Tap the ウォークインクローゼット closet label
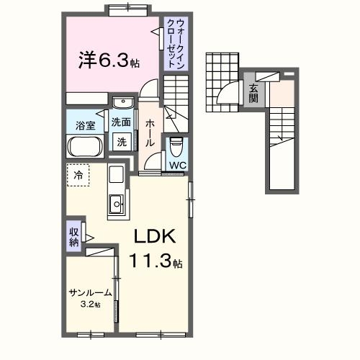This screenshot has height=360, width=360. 174,44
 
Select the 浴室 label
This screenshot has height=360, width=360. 86,125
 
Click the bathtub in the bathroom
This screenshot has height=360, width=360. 87,146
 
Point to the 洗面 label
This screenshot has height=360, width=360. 121,122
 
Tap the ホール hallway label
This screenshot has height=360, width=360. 150,132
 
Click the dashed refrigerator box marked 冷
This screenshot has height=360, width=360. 78,175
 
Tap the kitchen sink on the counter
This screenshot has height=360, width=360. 115,206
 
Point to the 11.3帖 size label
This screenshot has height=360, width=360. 155,263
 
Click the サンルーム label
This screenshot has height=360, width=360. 90,293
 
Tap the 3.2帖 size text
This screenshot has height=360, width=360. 91,305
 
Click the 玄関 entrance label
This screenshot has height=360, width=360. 253,94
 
